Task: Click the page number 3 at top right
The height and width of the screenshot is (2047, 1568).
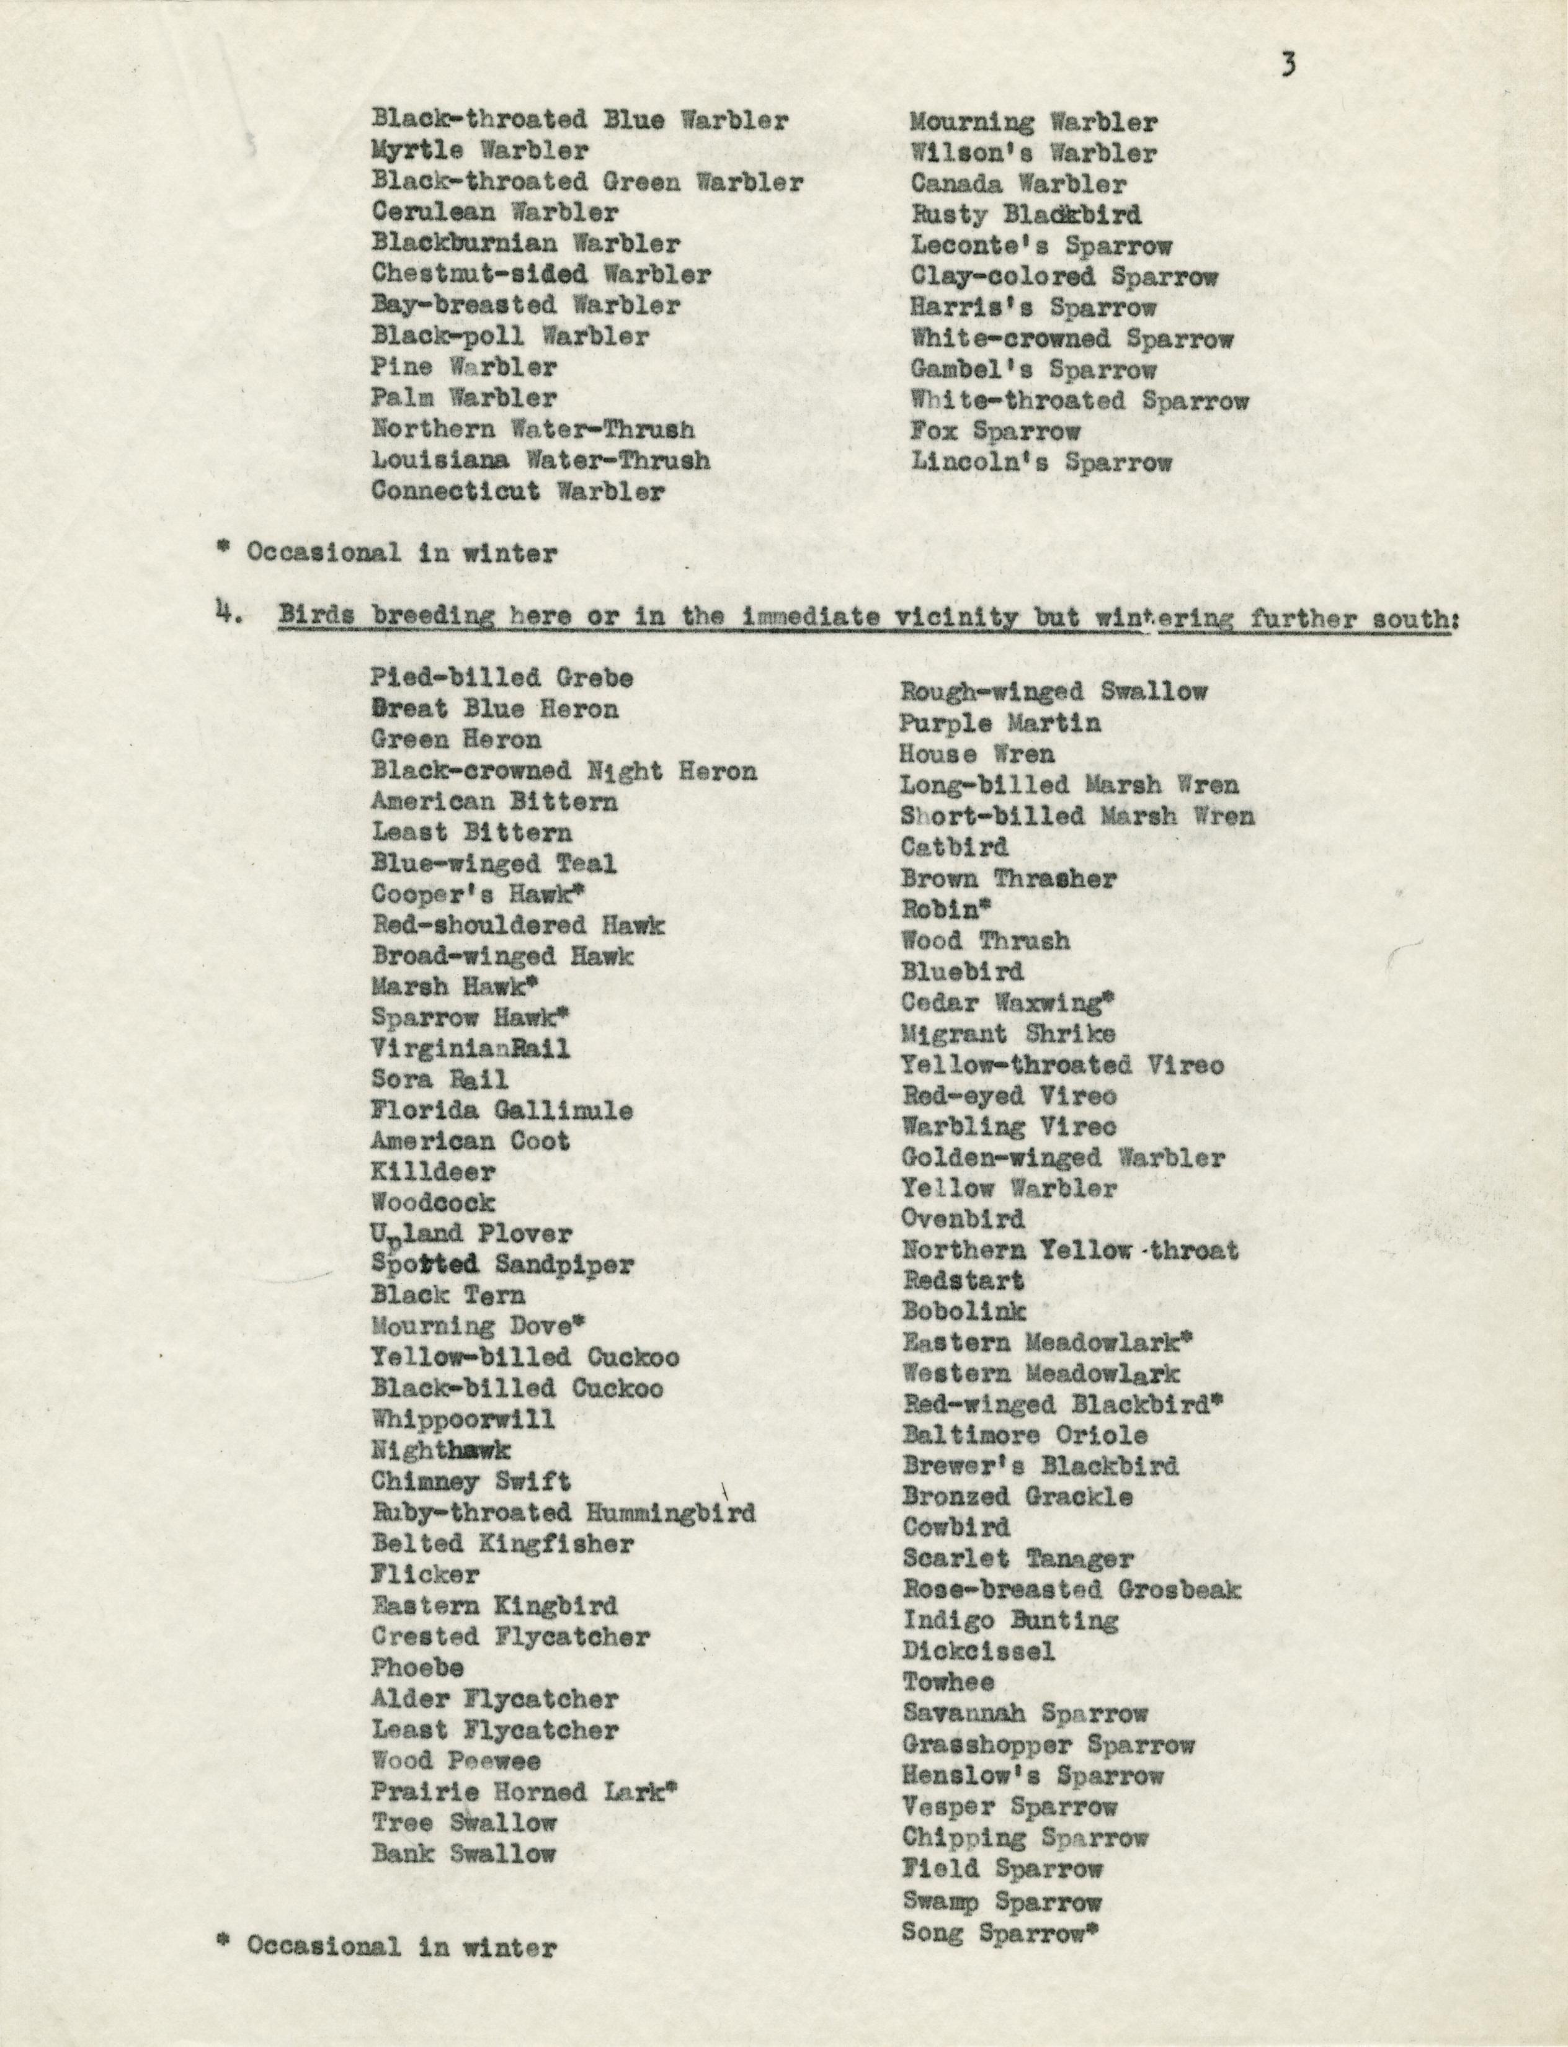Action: point(1288,65)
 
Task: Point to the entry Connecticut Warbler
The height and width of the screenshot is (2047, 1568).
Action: point(518,491)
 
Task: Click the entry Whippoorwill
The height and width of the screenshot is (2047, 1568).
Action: point(463,1419)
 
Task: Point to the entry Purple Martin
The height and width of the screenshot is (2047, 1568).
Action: point(1000,723)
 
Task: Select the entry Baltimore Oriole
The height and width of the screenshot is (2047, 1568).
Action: point(1025,1435)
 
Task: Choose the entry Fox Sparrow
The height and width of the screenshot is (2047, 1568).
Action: point(995,431)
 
